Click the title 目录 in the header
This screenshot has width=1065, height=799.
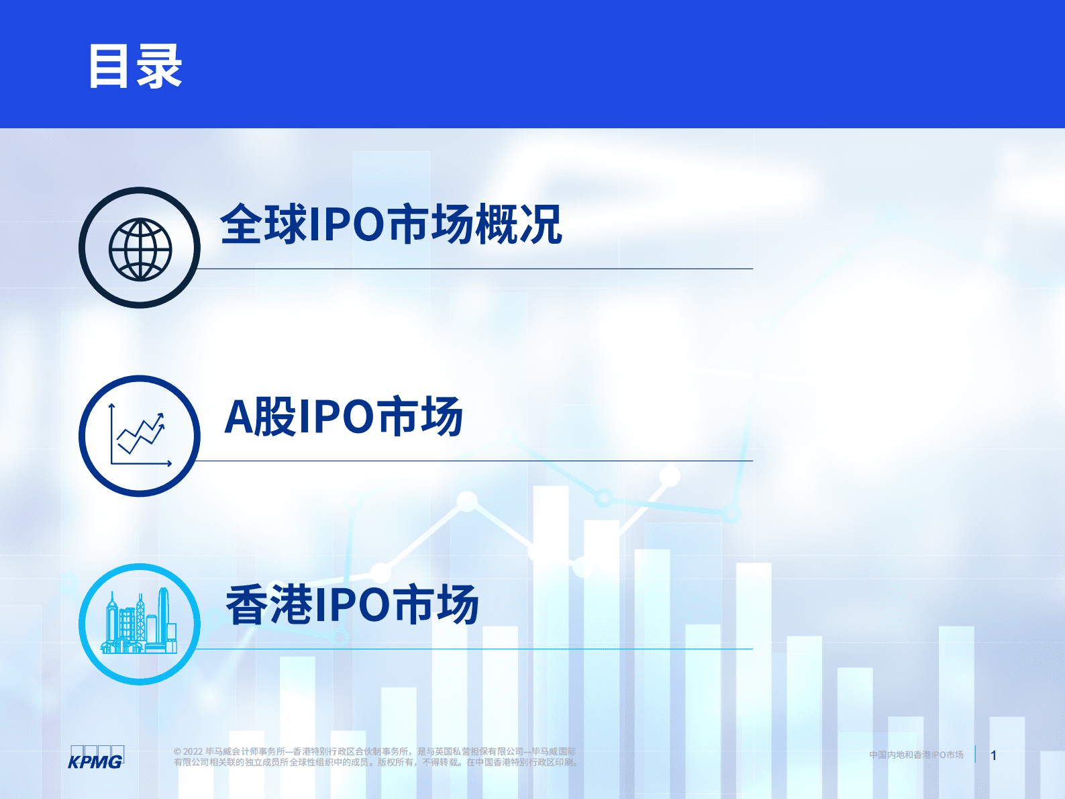pos(136,66)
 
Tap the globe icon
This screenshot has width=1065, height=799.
pos(140,248)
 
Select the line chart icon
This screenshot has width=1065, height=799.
pos(140,436)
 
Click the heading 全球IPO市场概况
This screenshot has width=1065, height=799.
pos(391,224)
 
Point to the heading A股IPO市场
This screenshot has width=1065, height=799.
pos(344,417)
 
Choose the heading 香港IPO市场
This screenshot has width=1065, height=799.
pos(352,605)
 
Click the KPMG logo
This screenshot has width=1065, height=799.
pos(96,757)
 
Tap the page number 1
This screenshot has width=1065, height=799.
pos(994,755)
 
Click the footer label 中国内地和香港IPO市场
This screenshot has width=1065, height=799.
pos(916,755)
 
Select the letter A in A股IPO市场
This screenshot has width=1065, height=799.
pos(238,417)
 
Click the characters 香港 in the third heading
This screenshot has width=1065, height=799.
pos(269,605)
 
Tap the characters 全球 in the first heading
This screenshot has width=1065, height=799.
pos(264,224)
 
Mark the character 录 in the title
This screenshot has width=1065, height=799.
pos(160,66)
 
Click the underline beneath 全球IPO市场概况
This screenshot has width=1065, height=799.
pos(470,269)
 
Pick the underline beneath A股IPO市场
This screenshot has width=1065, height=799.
pos(470,461)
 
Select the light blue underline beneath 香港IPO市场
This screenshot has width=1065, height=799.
pos(470,649)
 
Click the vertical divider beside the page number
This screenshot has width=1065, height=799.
pos(975,754)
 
